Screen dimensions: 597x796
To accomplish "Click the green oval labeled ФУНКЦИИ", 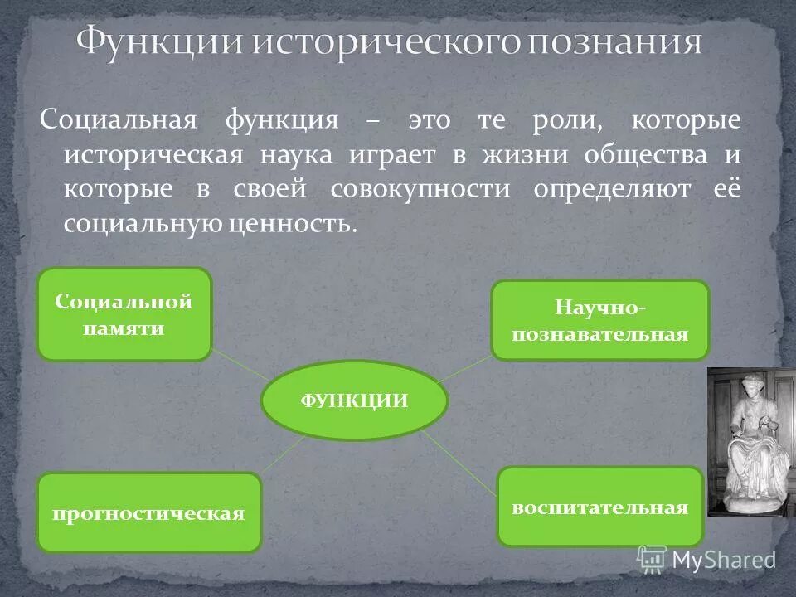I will (354, 401).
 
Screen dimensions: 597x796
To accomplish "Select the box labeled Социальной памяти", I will (124, 314).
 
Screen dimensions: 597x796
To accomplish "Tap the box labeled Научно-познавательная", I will (600, 320).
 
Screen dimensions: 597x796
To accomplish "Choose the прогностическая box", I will (149, 512).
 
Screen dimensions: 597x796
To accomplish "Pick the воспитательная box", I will (600, 507).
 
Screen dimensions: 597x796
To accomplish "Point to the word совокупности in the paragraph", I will (420, 189).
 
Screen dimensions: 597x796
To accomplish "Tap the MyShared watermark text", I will (723, 561).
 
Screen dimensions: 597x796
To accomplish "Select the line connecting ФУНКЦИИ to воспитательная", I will (464, 460).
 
